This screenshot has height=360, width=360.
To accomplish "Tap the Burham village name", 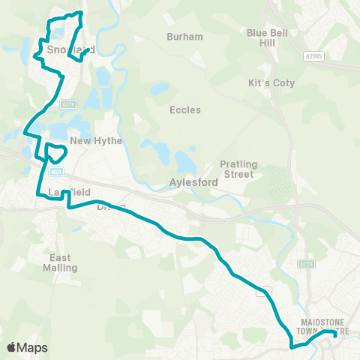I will click(x=184, y=36).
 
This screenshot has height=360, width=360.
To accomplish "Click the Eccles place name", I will click(x=184, y=109).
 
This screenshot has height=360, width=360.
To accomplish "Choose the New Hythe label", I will click(x=90, y=140).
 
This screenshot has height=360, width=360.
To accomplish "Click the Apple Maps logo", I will click(x=26, y=347).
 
